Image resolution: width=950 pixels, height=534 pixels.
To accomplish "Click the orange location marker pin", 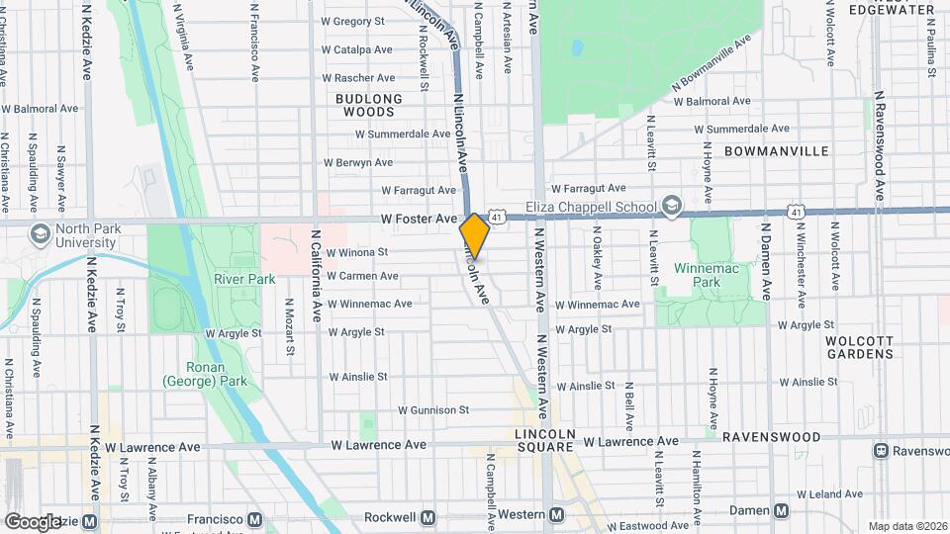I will (x=475, y=235).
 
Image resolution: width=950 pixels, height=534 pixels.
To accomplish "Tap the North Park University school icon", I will (x=41, y=234).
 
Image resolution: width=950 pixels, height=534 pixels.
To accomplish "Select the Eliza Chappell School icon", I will (x=672, y=205).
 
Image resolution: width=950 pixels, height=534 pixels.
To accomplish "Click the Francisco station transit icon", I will (x=255, y=518).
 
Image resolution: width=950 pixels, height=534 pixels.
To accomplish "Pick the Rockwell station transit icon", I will (x=428, y=517).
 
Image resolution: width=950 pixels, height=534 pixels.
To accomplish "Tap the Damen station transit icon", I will (x=782, y=510).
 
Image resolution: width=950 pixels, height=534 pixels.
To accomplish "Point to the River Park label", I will (x=244, y=279).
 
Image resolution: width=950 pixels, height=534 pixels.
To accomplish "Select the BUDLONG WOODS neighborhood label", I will (x=369, y=105).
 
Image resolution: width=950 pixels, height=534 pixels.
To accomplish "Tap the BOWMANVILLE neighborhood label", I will (x=776, y=151).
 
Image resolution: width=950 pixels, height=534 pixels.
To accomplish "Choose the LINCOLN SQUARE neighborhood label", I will (x=544, y=441).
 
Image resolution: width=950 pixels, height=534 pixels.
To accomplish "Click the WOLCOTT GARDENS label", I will (x=859, y=346).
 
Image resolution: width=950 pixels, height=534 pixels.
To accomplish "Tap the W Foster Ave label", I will (x=419, y=219).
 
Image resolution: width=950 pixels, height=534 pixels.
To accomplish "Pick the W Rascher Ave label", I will (x=358, y=78).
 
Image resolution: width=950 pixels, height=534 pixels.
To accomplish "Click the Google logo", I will (x=32, y=521).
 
